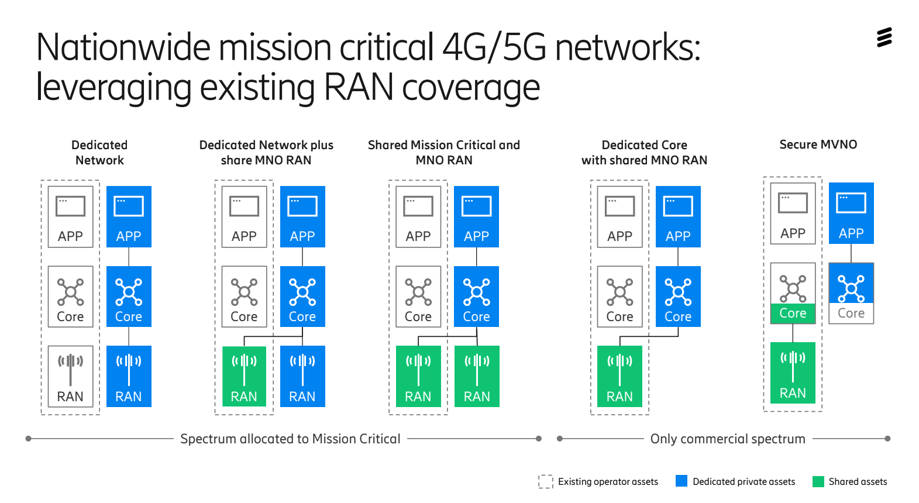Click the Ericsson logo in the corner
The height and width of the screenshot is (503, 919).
[x=884, y=37]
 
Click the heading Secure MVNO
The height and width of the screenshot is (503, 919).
[x=818, y=144]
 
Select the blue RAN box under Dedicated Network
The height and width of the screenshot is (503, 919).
[x=129, y=376]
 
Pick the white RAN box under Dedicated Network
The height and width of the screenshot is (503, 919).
[x=70, y=376]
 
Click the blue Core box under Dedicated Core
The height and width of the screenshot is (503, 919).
[x=678, y=297]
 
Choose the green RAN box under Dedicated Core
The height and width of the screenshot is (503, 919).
[x=619, y=376]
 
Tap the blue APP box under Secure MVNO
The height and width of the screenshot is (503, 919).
[x=851, y=213]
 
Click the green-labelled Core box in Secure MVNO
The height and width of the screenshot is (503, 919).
[x=793, y=293]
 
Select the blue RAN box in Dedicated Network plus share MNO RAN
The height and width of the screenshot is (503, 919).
[x=302, y=376]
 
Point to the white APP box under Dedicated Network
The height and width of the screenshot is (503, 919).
[x=70, y=216]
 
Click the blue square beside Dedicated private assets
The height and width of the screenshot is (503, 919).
[x=681, y=481]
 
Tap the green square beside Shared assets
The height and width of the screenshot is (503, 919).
[x=818, y=481]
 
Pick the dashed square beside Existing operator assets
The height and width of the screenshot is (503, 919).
[x=545, y=481]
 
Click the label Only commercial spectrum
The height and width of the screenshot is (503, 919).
[x=728, y=439]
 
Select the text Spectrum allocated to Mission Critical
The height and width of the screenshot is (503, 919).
[x=290, y=439]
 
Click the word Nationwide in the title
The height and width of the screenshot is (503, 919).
[x=123, y=47]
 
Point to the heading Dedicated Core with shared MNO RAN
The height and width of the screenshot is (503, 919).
[x=644, y=153]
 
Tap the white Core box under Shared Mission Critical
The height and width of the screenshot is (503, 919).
[x=418, y=297]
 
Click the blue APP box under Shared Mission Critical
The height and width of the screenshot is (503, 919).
[x=476, y=216]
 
